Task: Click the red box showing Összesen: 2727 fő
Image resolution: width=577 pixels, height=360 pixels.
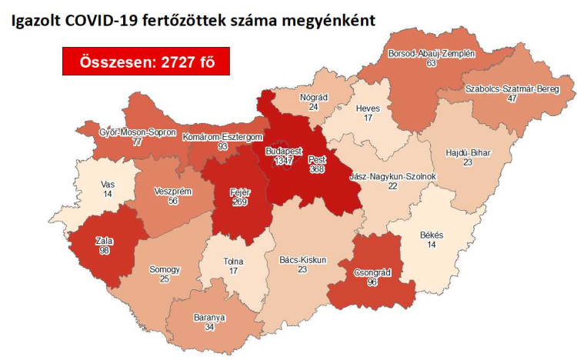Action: (x=146, y=62)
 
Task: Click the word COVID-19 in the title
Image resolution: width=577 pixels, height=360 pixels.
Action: (x=85, y=21)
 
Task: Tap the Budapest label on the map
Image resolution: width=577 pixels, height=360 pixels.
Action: (x=283, y=151)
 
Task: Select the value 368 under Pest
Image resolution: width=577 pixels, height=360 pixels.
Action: (x=316, y=170)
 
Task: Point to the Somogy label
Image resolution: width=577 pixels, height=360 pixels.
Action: (x=165, y=270)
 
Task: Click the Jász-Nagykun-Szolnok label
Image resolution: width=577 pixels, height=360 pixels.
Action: (x=392, y=176)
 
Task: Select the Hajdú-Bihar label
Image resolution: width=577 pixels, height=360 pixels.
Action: (x=468, y=152)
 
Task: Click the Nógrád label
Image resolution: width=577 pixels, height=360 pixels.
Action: (x=313, y=98)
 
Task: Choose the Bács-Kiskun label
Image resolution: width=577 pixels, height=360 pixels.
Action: (x=302, y=260)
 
